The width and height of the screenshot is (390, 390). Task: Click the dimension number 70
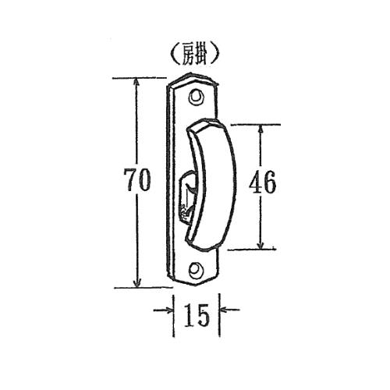tap(137, 180)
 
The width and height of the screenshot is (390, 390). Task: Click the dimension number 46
tap(262, 182)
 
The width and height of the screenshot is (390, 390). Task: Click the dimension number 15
tap(197, 315)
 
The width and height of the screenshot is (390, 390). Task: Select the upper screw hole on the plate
tap(196, 97)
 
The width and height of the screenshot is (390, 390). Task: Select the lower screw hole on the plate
tap(195, 270)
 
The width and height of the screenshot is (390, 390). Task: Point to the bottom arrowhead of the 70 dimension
tap(137, 282)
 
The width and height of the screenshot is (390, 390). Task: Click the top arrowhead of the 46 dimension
tap(261, 129)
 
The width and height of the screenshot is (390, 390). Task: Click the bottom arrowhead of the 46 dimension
tap(261, 244)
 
